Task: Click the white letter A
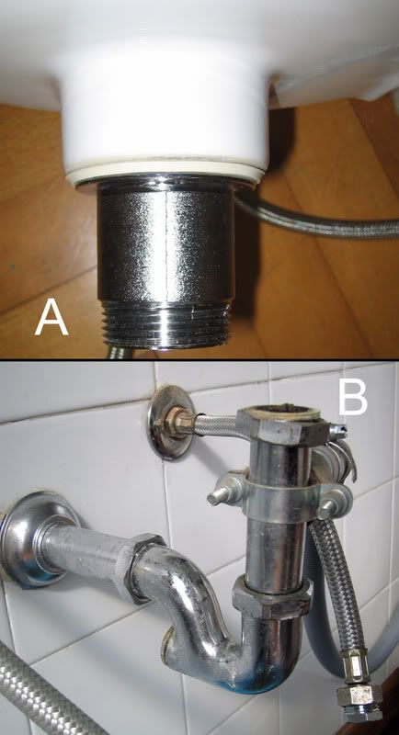51,317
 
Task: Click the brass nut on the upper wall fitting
177,423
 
